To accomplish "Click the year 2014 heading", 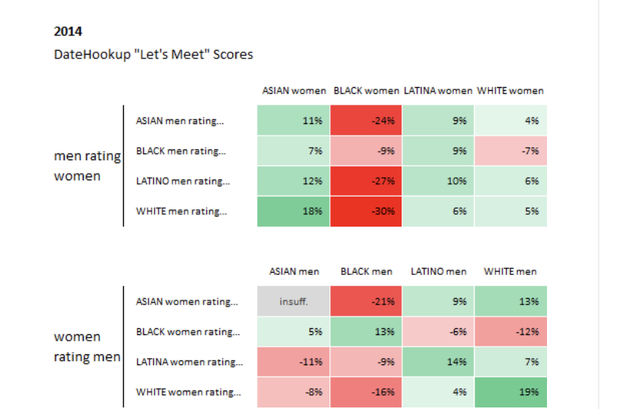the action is pos(68,32).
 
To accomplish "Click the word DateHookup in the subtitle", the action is pos(92,55).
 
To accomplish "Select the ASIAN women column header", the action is pos(294,91).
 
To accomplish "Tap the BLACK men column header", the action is pos(366,272).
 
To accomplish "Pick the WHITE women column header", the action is pos(510,91).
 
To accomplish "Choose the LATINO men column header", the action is pos(439,272).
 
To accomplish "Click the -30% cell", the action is pos(366,211).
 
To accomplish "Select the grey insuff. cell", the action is pos(293,301).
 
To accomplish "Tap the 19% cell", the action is pos(511,392).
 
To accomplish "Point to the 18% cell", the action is pos(293,211).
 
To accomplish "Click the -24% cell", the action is pos(366,120).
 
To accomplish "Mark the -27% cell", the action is pos(366,181).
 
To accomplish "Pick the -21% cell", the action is pos(366,301).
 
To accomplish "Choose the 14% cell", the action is pos(439,362).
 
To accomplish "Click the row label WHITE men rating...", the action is pos(182,211).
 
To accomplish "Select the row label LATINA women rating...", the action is pos(189,362).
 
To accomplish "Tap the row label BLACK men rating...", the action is pos(181,151).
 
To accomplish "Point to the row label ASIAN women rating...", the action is pos(187,302).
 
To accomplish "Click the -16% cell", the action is pos(366,392).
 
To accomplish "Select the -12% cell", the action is pos(511,332).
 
